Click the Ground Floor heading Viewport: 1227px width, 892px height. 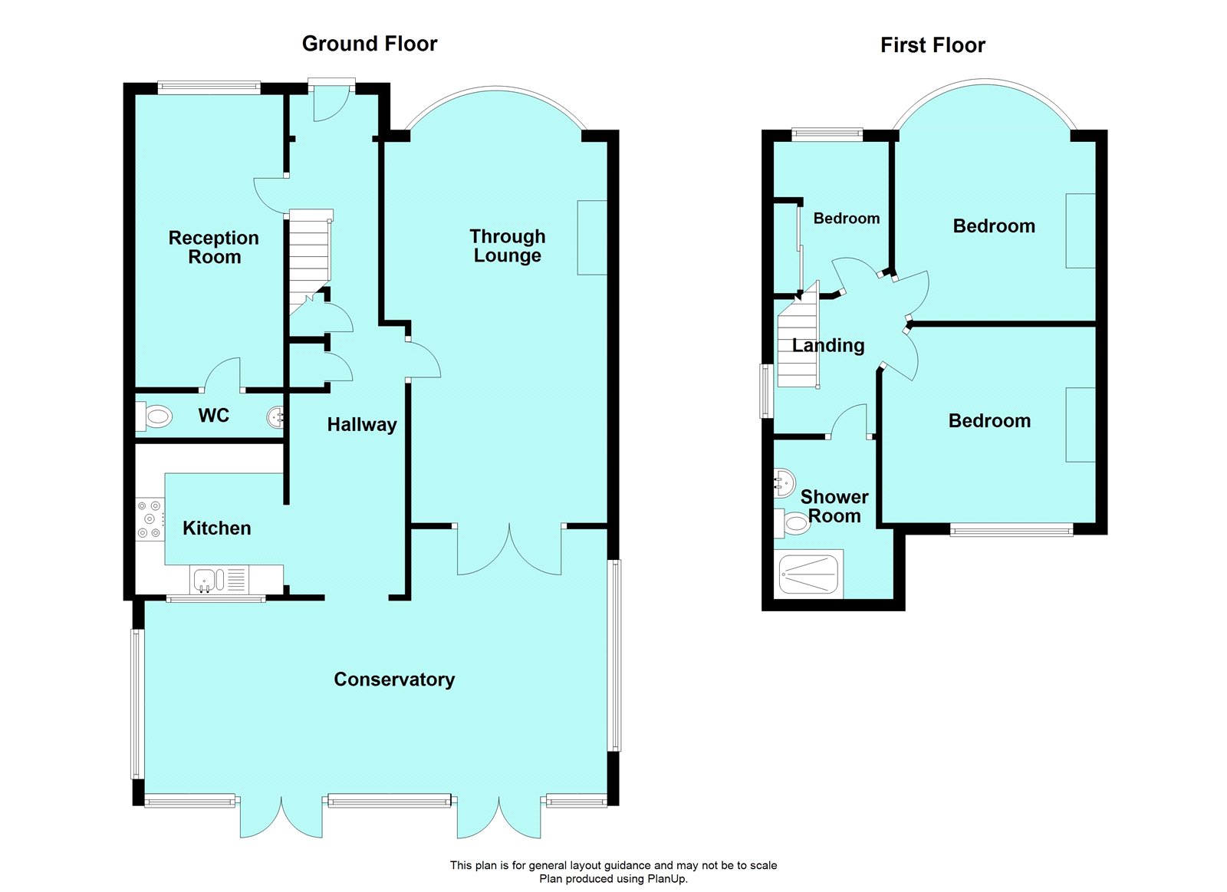[369, 44]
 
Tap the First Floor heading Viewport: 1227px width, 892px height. [932, 45]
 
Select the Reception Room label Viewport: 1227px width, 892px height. [214, 247]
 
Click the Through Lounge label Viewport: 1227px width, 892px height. [508, 245]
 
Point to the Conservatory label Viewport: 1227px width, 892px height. [394, 680]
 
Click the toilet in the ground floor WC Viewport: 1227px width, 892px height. [156, 417]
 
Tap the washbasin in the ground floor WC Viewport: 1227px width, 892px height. [275, 417]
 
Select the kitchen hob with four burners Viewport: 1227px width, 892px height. [150, 519]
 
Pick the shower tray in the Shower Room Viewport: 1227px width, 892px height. [810, 574]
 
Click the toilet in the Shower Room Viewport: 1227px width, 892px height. [796, 524]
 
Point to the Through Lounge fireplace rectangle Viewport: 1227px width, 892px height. [592, 238]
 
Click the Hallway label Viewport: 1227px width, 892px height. [361, 425]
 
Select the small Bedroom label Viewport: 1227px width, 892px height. [846, 219]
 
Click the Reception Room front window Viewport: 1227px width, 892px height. [209, 87]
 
